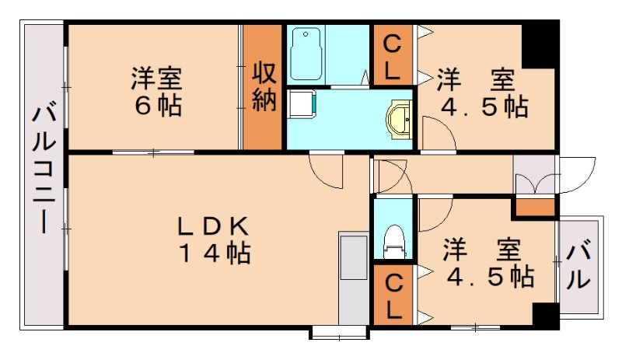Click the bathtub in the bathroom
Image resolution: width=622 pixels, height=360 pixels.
(307, 54)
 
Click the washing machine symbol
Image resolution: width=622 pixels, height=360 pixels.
(302, 104)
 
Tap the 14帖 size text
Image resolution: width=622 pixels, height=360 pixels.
(215, 253)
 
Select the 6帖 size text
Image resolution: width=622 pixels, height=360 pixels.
(158, 105)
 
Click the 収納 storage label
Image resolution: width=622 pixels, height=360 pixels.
(264, 87)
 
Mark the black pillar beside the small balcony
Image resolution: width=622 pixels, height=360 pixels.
(545, 314)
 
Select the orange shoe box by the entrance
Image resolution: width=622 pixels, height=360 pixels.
(535, 208)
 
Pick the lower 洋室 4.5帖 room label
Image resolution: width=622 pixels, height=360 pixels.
(487, 264)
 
